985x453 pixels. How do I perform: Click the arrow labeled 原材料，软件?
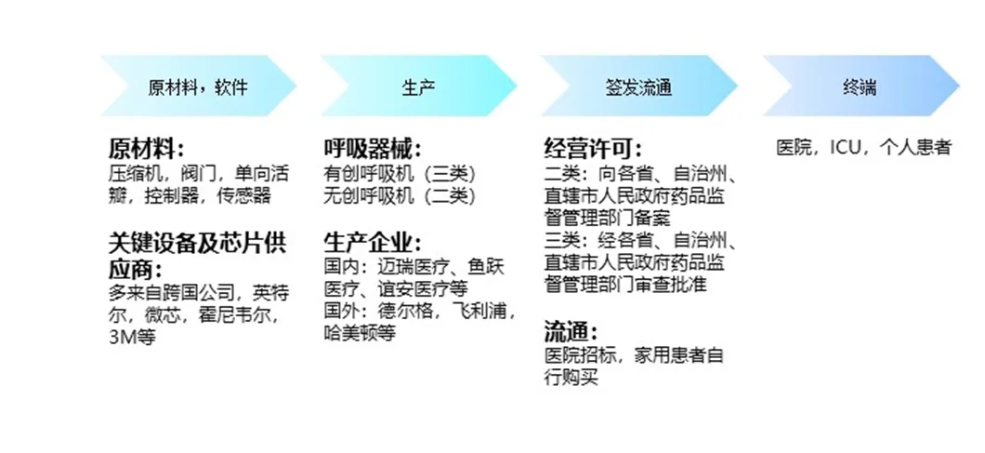198,87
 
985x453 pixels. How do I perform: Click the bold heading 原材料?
146,150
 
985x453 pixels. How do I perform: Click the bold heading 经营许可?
592,150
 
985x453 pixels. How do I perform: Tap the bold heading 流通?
570,332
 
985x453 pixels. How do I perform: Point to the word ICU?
842,148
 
